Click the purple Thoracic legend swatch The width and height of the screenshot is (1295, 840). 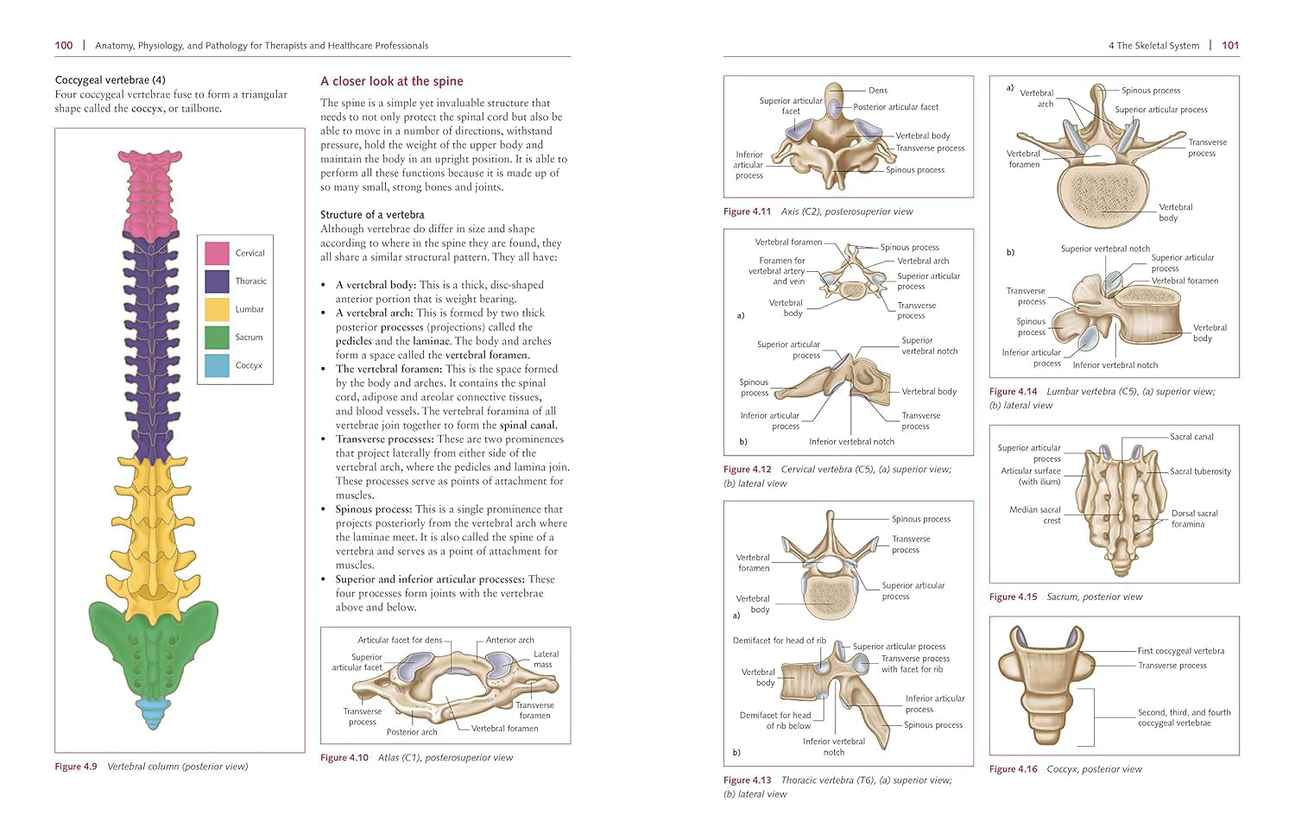point(217,281)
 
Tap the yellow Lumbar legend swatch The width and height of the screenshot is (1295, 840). point(217,309)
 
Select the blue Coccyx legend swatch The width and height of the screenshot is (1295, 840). point(217,365)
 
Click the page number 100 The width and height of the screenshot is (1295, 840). point(64,45)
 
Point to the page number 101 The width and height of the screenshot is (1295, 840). point(1230,45)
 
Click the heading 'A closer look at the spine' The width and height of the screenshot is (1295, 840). point(392,81)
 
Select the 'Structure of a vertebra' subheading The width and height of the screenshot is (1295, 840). point(372,214)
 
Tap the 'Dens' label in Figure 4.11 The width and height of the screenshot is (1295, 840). point(877,91)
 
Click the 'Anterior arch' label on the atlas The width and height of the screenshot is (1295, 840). point(509,641)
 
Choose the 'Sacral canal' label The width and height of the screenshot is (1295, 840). point(1191,437)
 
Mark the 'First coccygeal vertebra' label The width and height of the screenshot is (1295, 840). point(1180,651)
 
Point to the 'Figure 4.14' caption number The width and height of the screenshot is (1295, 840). point(1013,391)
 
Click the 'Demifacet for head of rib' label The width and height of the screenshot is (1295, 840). point(779,641)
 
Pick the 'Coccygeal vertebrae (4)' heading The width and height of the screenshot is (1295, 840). point(110,80)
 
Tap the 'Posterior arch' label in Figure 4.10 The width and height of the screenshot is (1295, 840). point(412,732)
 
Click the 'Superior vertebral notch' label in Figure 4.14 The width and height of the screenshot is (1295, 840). point(1105,249)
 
